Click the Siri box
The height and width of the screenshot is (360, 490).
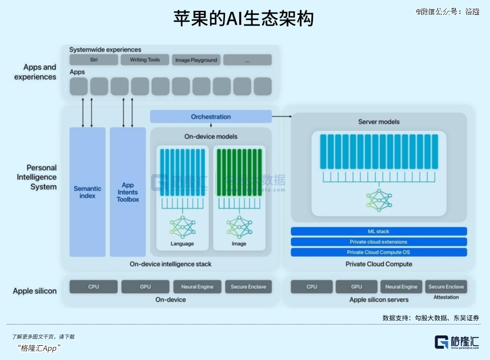[x=93, y=60]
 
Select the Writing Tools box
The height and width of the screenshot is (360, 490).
[x=144, y=60]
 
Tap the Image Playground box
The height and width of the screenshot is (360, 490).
[x=196, y=60]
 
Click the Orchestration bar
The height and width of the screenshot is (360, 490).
[x=211, y=117]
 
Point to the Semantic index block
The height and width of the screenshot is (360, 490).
[x=87, y=192]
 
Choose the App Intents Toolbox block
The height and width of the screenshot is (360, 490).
[x=128, y=192]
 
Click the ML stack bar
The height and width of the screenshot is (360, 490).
[x=379, y=231]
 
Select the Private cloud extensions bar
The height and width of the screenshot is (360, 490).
[x=379, y=242]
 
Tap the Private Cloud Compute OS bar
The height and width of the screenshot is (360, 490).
[x=379, y=252]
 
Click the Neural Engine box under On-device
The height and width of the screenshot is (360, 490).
[x=197, y=287]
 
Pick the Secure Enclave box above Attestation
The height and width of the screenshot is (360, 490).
[x=446, y=287]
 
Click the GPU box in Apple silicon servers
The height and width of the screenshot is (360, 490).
[x=356, y=287]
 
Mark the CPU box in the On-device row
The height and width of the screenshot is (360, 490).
[x=94, y=287]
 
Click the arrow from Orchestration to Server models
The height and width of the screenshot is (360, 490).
[x=282, y=117]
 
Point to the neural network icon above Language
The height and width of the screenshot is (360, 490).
[x=182, y=227]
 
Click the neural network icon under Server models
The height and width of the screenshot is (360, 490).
[x=379, y=199]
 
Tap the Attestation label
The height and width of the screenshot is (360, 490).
[x=446, y=298]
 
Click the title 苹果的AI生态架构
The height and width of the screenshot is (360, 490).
[x=244, y=19]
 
